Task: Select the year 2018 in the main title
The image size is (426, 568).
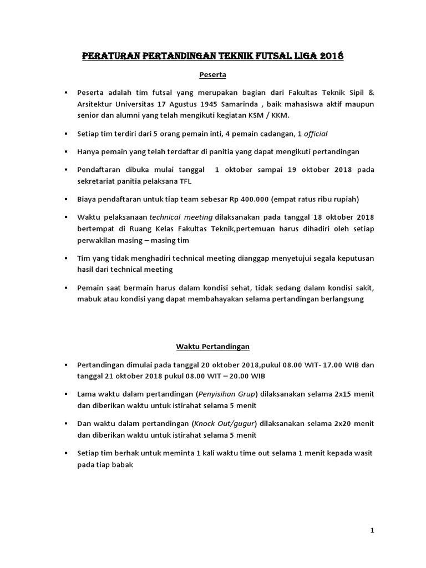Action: pos(331,56)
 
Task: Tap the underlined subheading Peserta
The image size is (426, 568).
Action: pos(212,74)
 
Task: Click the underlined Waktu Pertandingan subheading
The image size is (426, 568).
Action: pos(212,347)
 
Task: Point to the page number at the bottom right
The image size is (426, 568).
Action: pos(372,531)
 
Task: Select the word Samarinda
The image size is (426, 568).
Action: pos(269,104)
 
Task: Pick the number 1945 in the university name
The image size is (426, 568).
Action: pos(230,104)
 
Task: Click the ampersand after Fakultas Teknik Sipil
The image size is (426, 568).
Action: pos(371,92)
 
